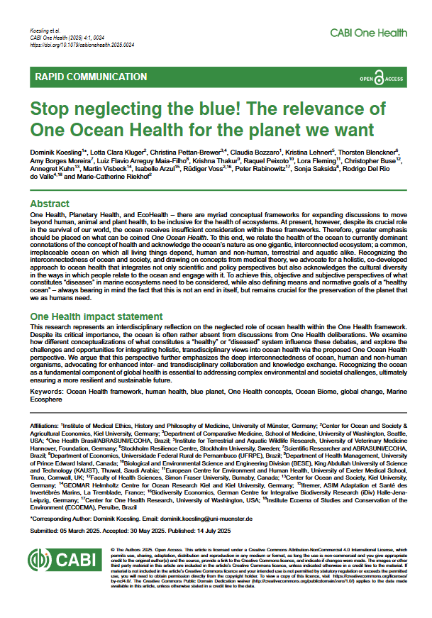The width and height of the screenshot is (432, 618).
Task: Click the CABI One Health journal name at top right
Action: [x=368, y=33]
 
